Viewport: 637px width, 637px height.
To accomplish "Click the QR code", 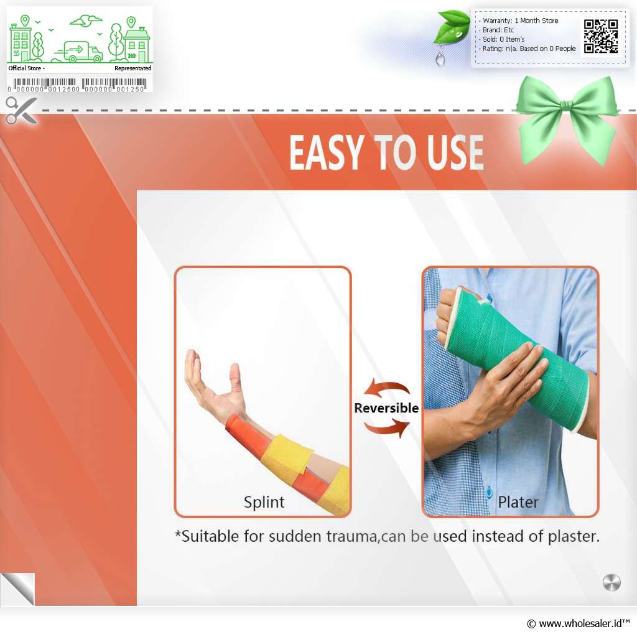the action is (601, 37).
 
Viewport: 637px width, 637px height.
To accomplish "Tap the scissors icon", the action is (21, 110).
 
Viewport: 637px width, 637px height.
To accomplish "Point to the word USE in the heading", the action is (455, 152).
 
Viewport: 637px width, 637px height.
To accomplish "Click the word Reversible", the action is (386, 408).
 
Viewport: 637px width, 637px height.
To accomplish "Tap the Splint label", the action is (264, 503).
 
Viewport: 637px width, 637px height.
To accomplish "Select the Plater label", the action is (518, 502).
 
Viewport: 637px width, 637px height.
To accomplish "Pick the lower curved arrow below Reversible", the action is (387, 428).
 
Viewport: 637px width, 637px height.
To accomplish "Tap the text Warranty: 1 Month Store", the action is (520, 21).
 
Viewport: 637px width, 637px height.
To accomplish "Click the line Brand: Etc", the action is (498, 30).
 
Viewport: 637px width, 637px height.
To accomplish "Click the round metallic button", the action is (611, 583).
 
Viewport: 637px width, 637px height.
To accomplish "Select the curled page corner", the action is (17, 589).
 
